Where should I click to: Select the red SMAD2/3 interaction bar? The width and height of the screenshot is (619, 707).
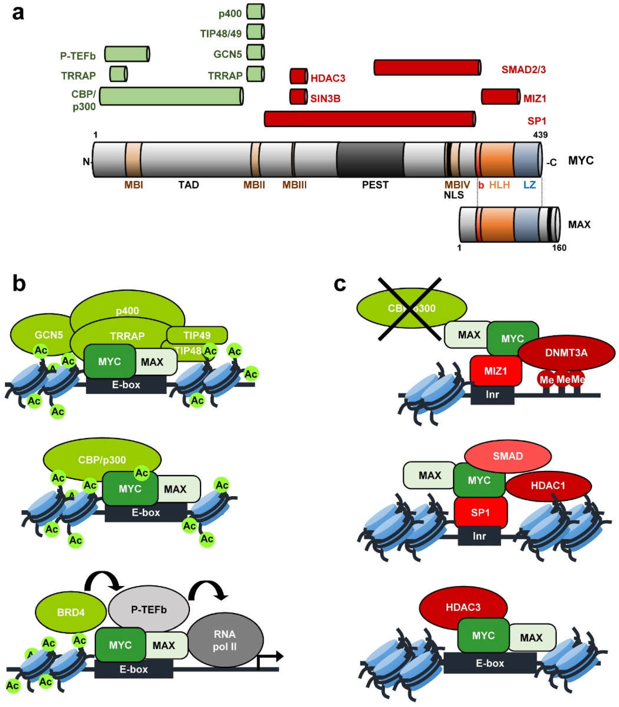(427, 67)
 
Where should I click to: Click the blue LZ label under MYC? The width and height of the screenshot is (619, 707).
(529, 185)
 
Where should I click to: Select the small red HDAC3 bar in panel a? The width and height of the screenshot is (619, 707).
(299, 76)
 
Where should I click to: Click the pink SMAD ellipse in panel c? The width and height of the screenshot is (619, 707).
(508, 456)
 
